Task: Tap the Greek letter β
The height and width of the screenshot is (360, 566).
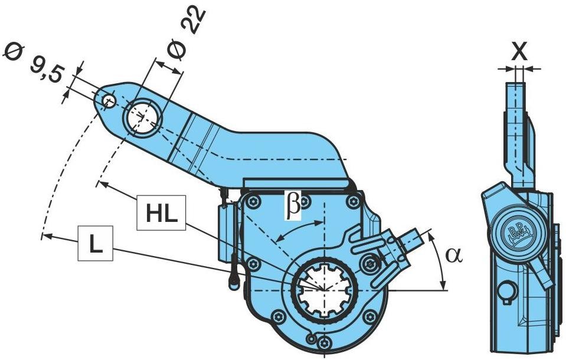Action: pyautogui.click(x=293, y=204)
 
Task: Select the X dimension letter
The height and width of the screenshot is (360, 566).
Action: pyautogui.click(x=519, y=52)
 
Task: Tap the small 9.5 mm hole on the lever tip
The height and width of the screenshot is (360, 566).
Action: pyautogui.click(x=108, y=101)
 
